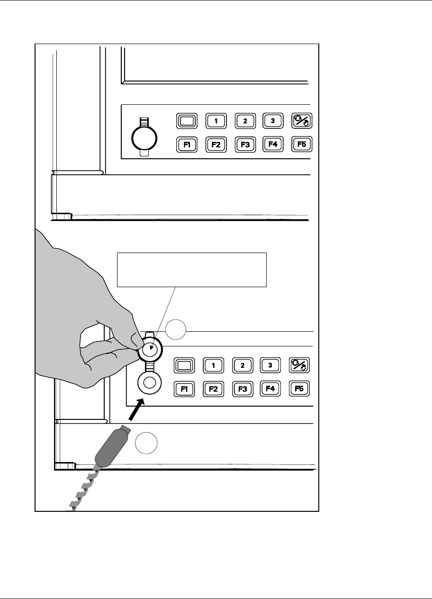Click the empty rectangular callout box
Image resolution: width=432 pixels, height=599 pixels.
192,270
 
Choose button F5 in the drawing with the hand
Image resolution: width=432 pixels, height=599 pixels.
299,389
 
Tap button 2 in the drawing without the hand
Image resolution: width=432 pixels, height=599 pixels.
245,120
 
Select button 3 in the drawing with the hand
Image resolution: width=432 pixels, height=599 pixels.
270,365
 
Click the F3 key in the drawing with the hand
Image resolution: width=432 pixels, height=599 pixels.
242,389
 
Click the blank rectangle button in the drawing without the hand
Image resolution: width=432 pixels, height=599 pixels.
187,120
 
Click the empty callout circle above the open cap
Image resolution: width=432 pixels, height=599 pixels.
176,329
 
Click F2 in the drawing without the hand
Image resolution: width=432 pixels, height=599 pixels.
216,145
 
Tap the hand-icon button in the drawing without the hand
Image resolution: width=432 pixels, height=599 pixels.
302,121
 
